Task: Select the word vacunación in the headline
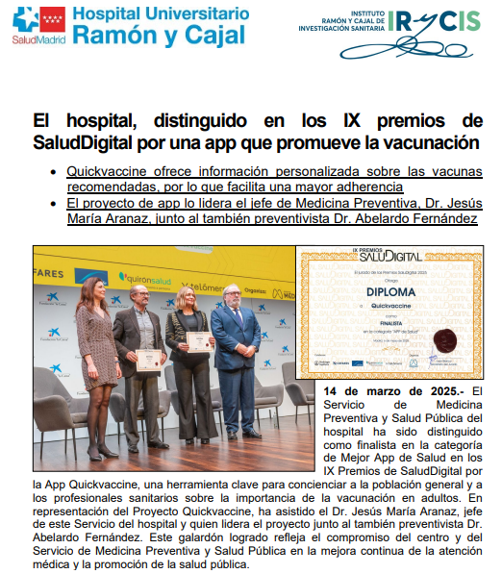pyautogui.click(x=427, y=143)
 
